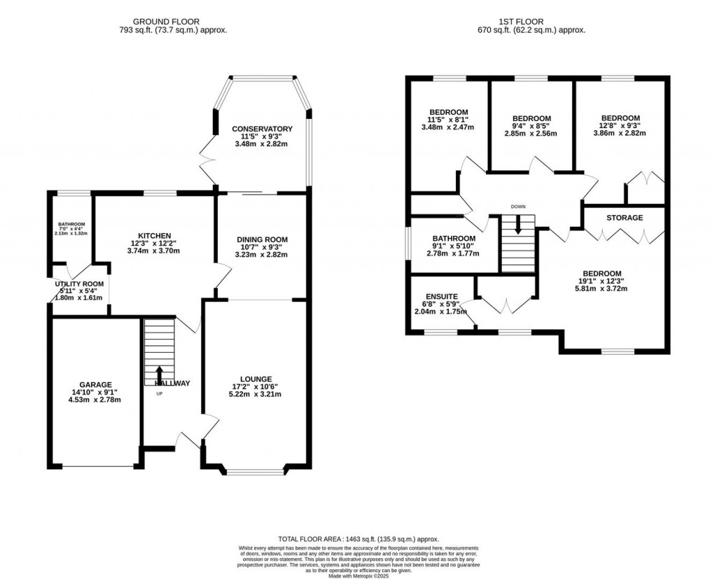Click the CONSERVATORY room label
tap(262, 129)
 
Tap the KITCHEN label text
tap(155, 235)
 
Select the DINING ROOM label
tap(262, 239)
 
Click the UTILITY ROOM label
tap(80, 284)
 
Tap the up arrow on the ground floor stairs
tap(159, 375)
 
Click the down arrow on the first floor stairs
tap(518, 225)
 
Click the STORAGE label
tap(625, 218)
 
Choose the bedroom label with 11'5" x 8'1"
tap(448, 112)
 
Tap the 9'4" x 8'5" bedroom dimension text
tap(531, 127)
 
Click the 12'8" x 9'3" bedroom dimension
tap(620, 127)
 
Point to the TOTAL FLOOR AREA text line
tap(358, 539)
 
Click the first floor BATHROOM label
tap(454, 238)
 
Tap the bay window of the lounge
tap(256, 472)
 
